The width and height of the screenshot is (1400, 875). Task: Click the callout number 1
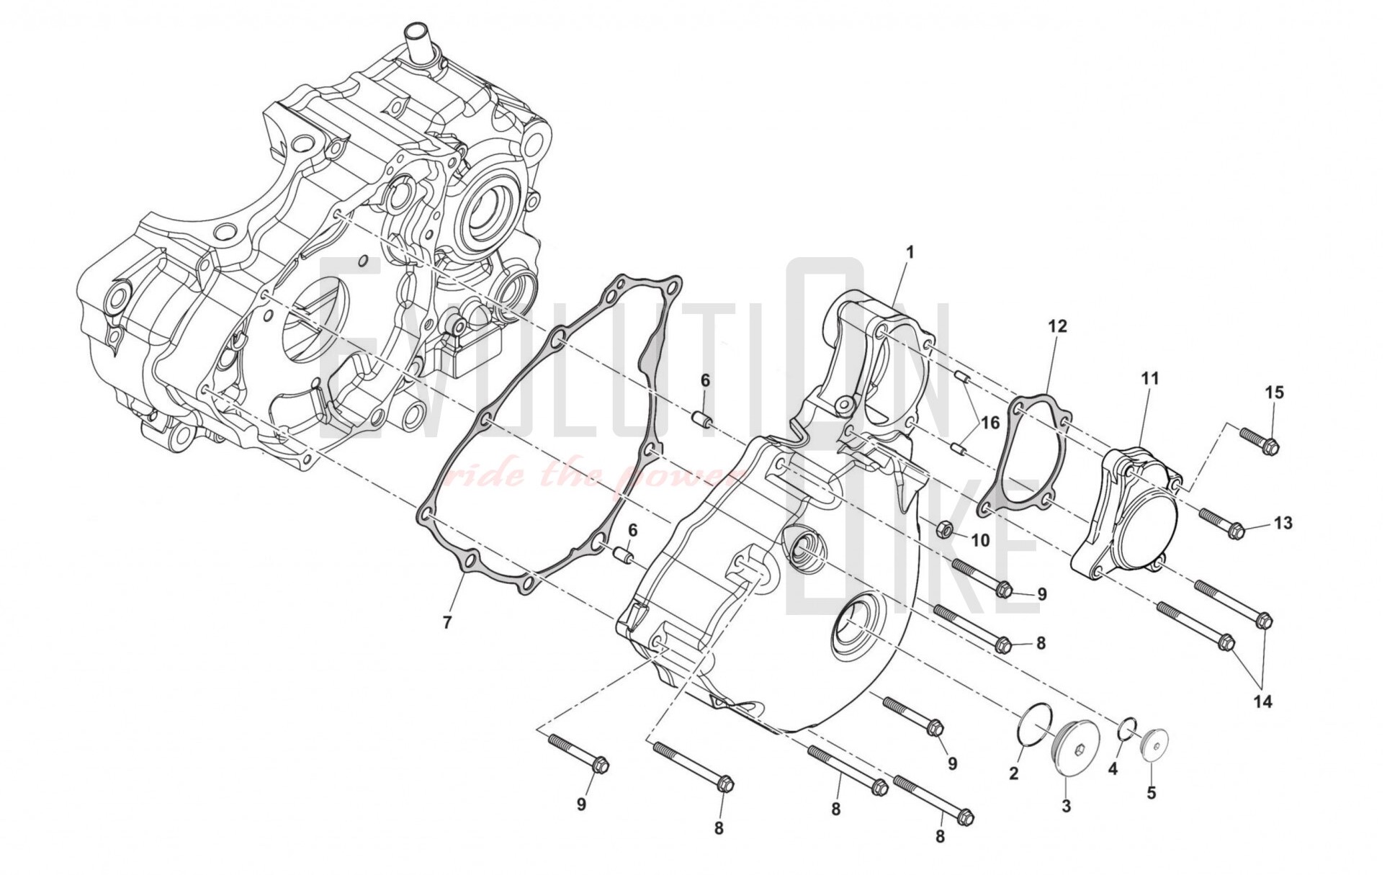pyautogui.click(x=910, y=253)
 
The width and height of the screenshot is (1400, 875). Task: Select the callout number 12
pyautogui.click(x=1057, y=327)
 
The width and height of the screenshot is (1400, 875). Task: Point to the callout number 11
pyautogui.click(x=1150, y=378)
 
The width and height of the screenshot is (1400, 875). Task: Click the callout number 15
pyautogui.click(x=1275, y=393)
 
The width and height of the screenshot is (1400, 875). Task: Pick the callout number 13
pyautogui.click(x=1283, y=523)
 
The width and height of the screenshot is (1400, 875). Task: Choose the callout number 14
pyautogui.click(x=1263, y=701)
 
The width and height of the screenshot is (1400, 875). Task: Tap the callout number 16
pyautogui.click(x=991, y=423)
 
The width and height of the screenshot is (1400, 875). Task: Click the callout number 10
pyautogui.click(x=980, y=540)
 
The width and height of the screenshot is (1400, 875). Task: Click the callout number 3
pyautogui.click(x=1067, y=806)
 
